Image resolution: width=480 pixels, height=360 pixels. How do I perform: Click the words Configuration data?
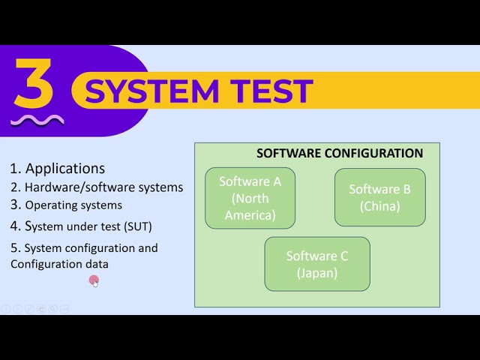[x=59, y=264]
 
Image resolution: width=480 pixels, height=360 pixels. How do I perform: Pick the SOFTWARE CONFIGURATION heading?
[x=340, y=153]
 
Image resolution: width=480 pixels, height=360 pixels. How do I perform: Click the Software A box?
[x=250, y=198]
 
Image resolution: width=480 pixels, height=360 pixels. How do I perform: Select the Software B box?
[x=379, y=197]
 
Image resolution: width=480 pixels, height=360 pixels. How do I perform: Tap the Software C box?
[x=316, y=264]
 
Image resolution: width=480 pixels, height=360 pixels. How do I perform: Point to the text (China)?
[x=379, y=206]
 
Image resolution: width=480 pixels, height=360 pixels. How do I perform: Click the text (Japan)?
[x=316, y=273]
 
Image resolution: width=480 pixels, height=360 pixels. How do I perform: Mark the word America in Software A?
[x=250, y=215]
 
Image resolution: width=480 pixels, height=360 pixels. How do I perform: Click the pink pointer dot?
[x=94, y=280]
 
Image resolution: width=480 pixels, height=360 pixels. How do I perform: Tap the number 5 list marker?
[x=14, y=247]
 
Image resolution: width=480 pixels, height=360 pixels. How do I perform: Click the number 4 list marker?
[x=15, y=226]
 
